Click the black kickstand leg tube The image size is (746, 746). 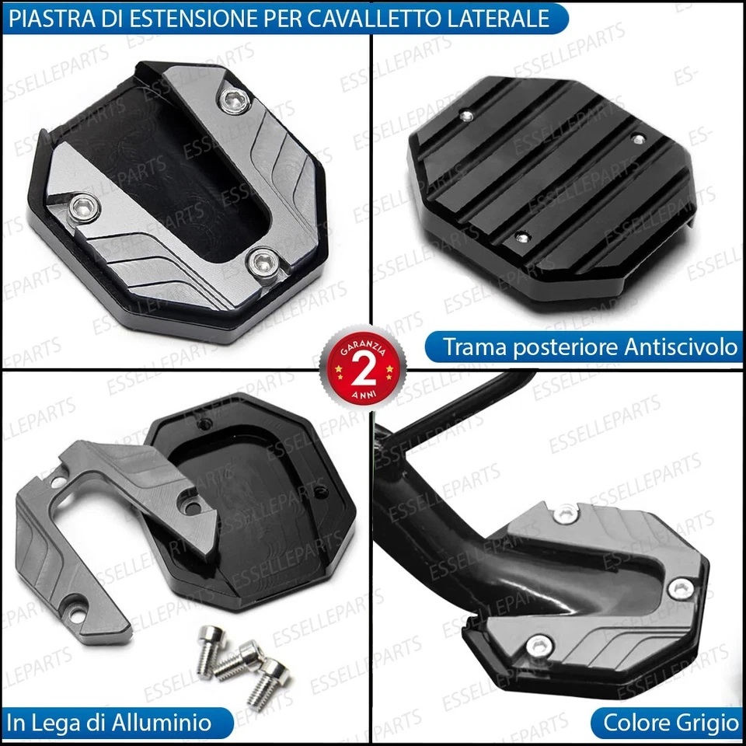pyautogui.click(x=420, y=505)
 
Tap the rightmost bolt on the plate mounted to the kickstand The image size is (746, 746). pyautogui.click(x=681, y=588)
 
